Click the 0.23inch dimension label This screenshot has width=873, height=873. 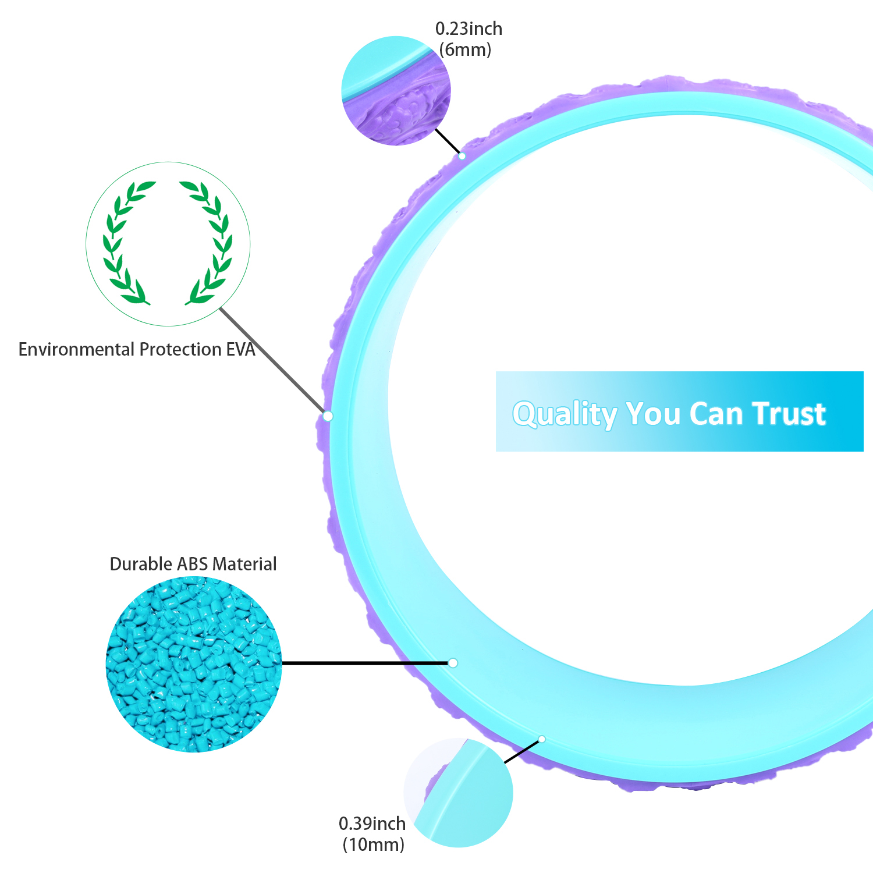pos(469,29)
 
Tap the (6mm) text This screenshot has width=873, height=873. pos(465,49)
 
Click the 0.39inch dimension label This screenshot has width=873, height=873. pos(372,824)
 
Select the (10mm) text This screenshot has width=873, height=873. pos(373,844)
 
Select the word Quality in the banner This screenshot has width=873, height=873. pos(564,414)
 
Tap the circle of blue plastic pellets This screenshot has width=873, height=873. pos(194,664)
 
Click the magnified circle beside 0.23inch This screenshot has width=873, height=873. pos(396,91)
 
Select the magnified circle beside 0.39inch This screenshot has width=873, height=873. pos(459,793)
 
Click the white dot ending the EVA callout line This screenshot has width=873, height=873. pos(328,416)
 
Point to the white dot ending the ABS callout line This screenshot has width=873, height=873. pos(453,663)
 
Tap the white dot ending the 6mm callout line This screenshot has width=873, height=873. pos(462,156)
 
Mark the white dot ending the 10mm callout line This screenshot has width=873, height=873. pos(542,739)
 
